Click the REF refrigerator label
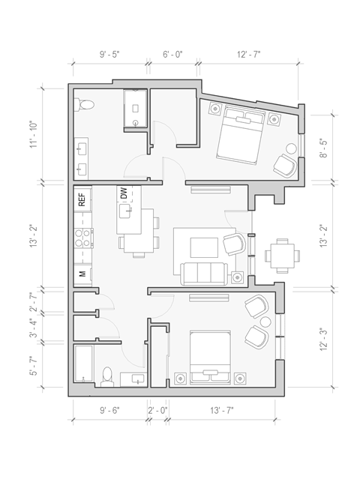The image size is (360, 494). [x=82, y=200]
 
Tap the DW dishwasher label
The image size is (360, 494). [x=123, y=194]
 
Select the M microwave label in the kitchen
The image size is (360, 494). [x=82, y=274]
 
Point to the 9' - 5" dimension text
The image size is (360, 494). [x=112, y=54]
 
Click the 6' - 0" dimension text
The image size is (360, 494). [x=173, y=54]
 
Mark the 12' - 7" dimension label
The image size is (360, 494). [x=250, y=54]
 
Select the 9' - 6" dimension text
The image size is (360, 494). [x=112, y=410]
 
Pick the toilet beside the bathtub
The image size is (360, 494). [x=106, y=376]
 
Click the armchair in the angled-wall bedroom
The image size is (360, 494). [x=284, y=163]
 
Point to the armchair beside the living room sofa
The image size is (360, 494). [x=235, y=244]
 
